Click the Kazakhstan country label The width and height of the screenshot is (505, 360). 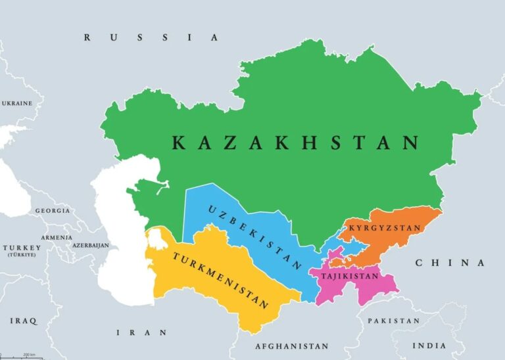tap(295, 143)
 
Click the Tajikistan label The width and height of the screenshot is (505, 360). tap(349, 277)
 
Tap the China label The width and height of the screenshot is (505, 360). tap(450, 263)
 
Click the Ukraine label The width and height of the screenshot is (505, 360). tap(17, 104)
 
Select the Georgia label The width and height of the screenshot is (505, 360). tap(53, 211)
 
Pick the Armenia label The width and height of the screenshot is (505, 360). tap(57, 237)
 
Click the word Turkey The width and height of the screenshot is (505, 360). tap(21, 248)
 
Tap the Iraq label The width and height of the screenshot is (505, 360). tap(24, 321)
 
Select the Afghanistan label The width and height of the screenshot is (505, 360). tap(291, 346)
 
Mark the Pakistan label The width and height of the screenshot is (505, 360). tap(393, 321)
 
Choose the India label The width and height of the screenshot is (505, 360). tap(429, 346)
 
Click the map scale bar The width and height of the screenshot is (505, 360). tap(20, 357)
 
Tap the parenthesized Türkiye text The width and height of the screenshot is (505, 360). tap(22, 254)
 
